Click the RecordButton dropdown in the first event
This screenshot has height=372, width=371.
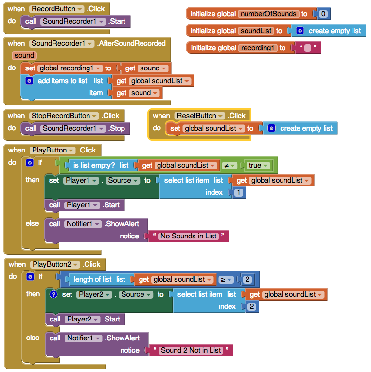tap(56, 9)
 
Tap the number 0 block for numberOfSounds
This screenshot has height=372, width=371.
tap(323, 14)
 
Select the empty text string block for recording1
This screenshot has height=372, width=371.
tap(308, 48)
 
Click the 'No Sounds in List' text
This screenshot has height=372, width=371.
tap(189, 236)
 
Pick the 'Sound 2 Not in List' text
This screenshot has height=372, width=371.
tap(191, 350)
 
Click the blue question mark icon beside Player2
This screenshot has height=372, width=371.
tap(53, 294)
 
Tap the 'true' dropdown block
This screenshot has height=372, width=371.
tap(258, 165)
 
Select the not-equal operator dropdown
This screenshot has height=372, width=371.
tap(229, 165)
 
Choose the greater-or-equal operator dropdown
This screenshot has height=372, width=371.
tap(226, 280)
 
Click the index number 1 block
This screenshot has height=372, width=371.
tap(239, 192)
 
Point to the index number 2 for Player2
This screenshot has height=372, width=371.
tap(252, 306)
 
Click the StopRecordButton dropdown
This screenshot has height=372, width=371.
tap(64, 116)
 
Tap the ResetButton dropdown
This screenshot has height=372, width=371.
tap(199, 116)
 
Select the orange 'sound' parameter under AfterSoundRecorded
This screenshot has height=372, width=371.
tap(24, 55)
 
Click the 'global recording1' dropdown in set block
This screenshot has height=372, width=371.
tap(70, 68)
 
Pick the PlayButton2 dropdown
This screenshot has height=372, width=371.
tap(55, 264)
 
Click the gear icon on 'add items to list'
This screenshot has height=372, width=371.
tap(29, 81)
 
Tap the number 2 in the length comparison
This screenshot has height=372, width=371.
tap(247, 279)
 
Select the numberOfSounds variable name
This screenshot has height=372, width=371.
tap(268, 14)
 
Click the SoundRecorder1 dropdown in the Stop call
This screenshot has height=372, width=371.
tap(72, 128)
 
